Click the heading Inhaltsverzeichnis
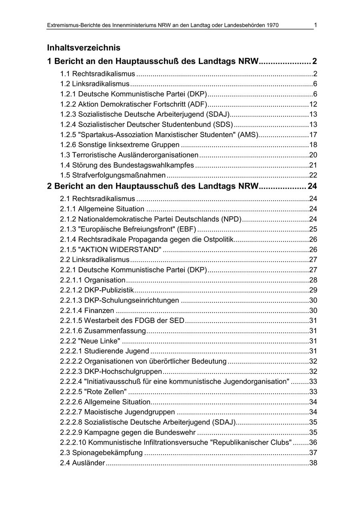[84, 48]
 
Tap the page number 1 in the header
[316, 25]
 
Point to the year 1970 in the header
[271, 26]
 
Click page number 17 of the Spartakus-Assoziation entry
[313, 135]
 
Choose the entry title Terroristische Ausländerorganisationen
[135, 155]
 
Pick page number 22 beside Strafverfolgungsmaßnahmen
[313, 175]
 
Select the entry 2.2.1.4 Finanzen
[87, 311]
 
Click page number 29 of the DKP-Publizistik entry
[313, 290]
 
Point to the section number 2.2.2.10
[73, 443]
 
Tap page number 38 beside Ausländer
[313, 463]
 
